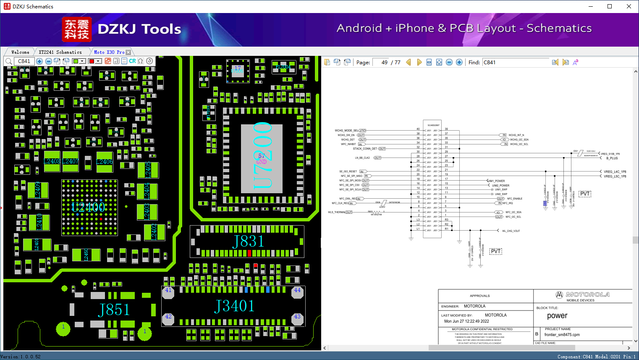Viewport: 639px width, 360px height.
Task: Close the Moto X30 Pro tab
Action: coord(128,52)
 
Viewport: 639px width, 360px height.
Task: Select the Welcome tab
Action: coord(20,52)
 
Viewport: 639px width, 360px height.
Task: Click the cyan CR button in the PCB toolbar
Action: coord(132,61)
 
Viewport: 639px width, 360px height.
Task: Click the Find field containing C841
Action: coord(516,62)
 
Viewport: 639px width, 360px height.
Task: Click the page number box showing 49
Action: coord(381,62)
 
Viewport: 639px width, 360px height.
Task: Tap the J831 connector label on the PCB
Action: coord(248,242)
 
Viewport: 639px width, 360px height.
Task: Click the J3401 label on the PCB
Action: coord(234,306)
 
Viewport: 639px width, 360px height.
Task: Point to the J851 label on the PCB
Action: coord(114,310)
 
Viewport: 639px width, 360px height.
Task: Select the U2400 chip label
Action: coord(88,207)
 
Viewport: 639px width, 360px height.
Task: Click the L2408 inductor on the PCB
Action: coord(52,162)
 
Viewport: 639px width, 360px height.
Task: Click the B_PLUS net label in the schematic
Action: coord(612,158)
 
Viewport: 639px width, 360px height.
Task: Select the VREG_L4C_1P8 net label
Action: coord(615,172)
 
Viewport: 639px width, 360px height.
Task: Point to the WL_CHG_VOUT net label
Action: coord(511,231)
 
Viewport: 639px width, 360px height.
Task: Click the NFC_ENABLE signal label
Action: coord(515,199)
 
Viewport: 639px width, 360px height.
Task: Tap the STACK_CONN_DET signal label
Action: coord(365,149)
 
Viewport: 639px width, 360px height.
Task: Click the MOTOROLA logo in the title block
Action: coord(583,294)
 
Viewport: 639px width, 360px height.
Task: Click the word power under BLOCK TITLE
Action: coord(557,316)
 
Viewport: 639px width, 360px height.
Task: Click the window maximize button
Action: coord(610,6)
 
